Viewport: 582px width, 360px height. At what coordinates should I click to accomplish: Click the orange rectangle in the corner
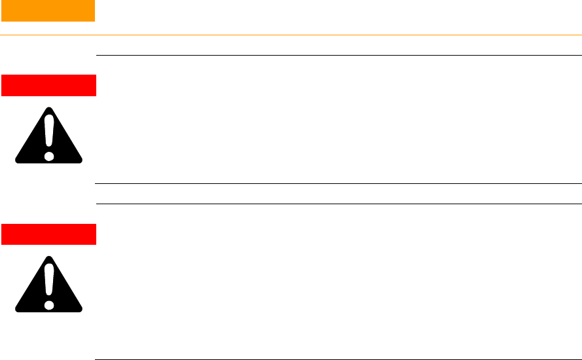coord(47,10)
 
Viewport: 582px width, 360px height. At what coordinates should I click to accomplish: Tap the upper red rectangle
coord(48,85)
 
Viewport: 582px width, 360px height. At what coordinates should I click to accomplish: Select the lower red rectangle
coord(48,234)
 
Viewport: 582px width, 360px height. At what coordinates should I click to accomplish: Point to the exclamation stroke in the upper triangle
coord(49,134)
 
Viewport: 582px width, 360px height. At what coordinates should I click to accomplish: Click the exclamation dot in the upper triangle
coord(49,156)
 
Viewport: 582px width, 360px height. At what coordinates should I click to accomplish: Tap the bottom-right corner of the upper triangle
coord(81,160)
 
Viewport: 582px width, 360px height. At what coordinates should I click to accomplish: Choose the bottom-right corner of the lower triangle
coord(81,309)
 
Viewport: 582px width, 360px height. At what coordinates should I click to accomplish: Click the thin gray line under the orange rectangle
coord(291,35)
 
